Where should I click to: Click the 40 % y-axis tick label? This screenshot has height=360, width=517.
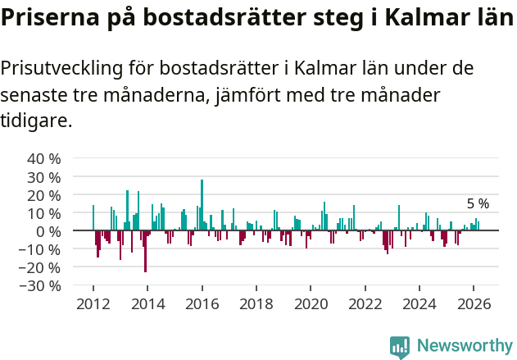coord(43,158)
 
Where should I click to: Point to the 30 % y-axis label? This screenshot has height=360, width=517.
coord(43,176)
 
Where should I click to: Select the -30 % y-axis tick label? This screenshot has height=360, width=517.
coord(40,285)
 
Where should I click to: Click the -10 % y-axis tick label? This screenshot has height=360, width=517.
coord(40,249)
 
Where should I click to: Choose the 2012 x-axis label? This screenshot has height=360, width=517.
coord(93,303)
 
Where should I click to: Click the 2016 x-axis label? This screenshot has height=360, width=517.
coord(202,303)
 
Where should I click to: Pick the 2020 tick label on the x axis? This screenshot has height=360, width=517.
coord(311,303)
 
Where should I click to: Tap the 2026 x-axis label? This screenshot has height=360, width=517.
coord(474,303)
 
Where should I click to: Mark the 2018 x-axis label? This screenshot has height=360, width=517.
coord(256,303)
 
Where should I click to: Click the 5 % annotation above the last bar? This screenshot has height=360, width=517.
coord(478,203)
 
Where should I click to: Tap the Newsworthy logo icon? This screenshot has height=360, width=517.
coord(400,347)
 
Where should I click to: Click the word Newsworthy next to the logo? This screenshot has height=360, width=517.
coord(464,347)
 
